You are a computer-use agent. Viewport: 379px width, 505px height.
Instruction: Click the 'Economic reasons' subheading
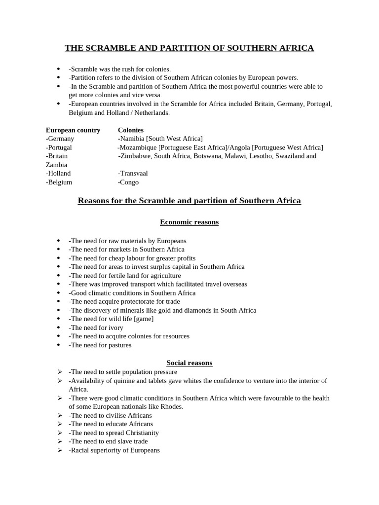(x=189, y=222)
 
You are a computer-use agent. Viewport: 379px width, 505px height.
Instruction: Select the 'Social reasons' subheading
(x=189, y=363)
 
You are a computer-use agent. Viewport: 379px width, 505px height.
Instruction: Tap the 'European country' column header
(x=73, y=130)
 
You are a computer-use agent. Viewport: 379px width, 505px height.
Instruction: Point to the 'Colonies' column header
(x=131, y=130)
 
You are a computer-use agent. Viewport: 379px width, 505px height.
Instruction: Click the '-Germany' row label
(x=60, y=139)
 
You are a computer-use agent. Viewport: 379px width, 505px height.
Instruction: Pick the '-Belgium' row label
(x=59, y=182)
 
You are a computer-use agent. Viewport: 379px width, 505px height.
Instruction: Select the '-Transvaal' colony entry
(x=133, y=173)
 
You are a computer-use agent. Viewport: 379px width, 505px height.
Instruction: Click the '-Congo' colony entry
(x=128, y=182)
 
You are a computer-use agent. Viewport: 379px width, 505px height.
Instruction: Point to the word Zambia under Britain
(x=56, y=165)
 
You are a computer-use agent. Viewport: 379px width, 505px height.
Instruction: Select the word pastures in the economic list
(x=119, y=345)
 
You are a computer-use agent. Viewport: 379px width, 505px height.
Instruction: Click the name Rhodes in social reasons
(x=172, y=407)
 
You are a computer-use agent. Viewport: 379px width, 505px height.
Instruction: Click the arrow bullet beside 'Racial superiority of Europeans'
(x=59, y=450)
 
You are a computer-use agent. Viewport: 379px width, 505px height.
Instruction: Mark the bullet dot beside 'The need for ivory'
(x=59, y=327)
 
